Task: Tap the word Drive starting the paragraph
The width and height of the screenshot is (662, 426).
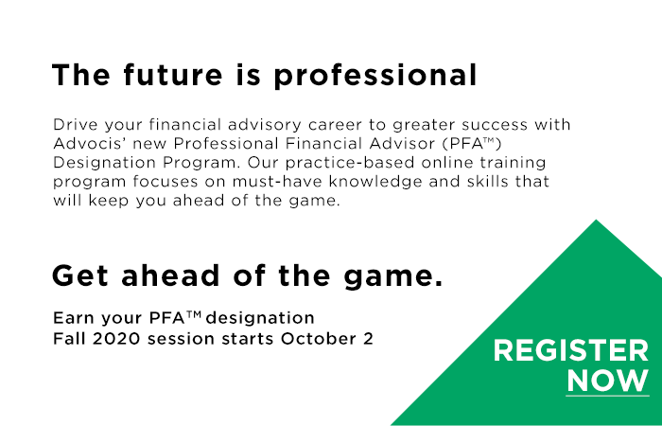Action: [x=74, y=125]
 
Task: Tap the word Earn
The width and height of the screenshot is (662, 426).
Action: [x=72, y=316]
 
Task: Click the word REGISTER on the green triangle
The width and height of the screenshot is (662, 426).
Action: [x=571, y=352]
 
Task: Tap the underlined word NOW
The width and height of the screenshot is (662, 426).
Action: [x=607, y=381]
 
